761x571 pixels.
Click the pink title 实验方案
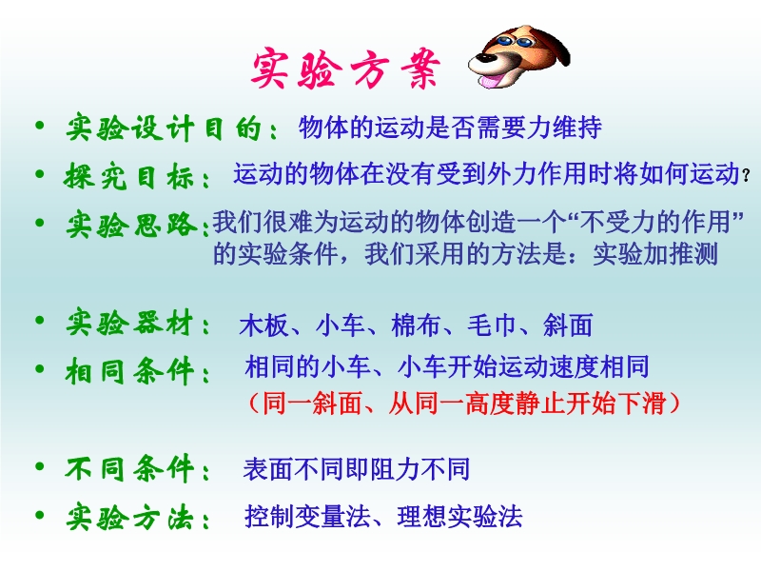tap(345, 69)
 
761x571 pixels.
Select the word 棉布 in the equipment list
tap(416, 325)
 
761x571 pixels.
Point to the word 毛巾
tap(492, 325)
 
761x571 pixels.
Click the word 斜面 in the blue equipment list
tap(568, 325)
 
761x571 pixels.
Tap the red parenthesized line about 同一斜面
tap(463, 403)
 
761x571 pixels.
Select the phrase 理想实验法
tap(459, 516)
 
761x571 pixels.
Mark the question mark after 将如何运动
tap(746, 175)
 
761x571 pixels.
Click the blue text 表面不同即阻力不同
tap(357, 469)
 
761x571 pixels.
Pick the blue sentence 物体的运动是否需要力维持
tap(450, 128)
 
